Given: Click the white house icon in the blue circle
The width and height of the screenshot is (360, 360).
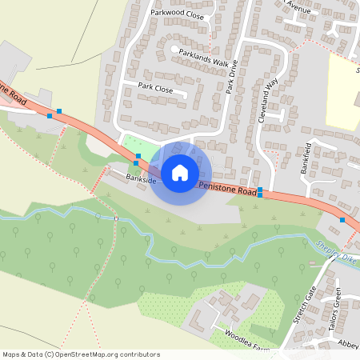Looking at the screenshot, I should pyautogui.click(x=180, y=172).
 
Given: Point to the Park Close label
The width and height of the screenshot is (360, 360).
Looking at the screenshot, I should pyautogui.click(x=155, y=86).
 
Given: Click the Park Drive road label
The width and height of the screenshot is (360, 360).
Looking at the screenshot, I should pyautogui.click(x=232, y=81).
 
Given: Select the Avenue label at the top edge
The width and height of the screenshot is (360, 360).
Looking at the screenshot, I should pyautogui.click(x=298, y=7).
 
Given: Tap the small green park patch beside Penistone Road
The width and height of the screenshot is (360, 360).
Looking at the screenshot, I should pyautogui.click(x=132, y=146).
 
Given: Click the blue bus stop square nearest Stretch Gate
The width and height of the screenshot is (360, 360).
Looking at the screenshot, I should pyautogui.click(x=342, y=219).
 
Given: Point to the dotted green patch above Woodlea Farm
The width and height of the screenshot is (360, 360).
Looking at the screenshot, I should pyautogui.click(x=172, y=309).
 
